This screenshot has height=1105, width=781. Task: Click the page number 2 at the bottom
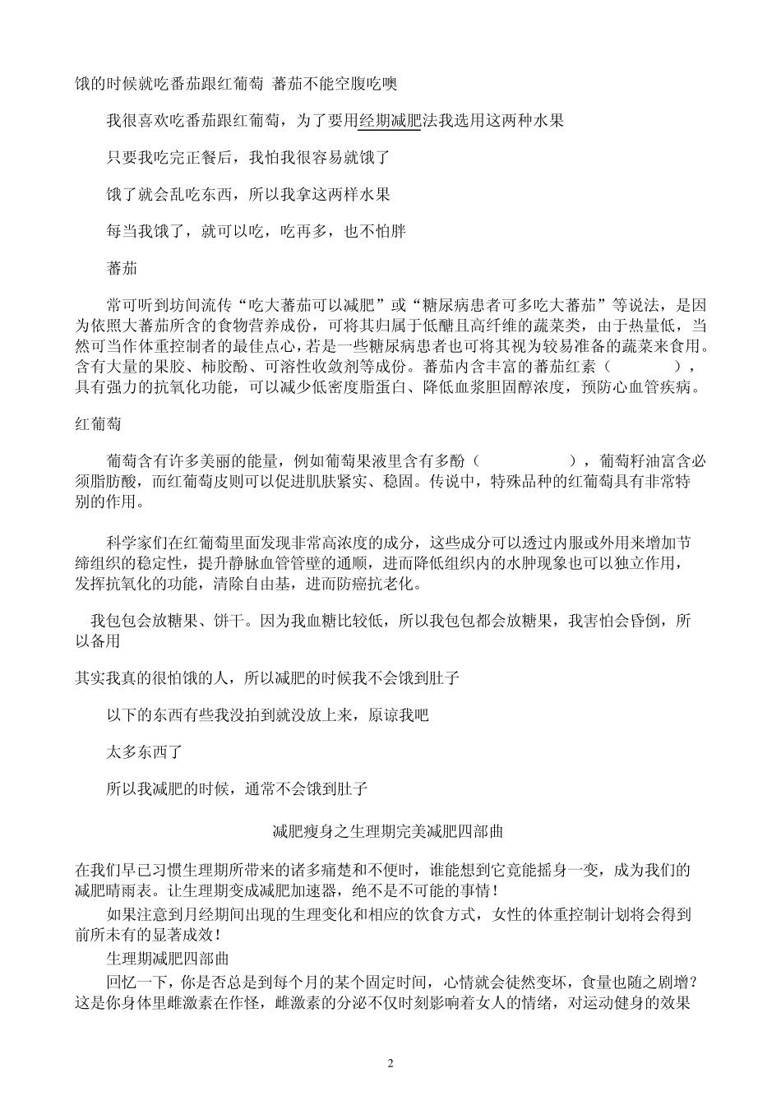390,1063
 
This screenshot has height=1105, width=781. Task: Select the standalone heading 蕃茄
122,268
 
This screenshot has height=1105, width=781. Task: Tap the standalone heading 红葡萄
98,424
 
